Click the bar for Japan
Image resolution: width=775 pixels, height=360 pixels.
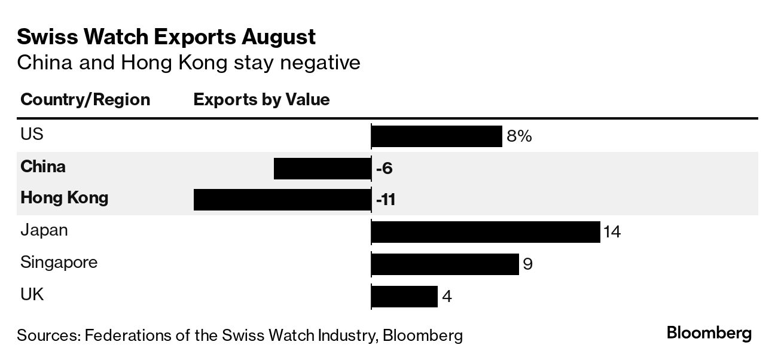(x=486, y=231)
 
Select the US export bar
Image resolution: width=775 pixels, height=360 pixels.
(x=437, y=136)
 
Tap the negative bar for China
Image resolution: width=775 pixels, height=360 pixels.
(x=322, y=169)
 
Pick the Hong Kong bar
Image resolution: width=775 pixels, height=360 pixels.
(x=282, y=200)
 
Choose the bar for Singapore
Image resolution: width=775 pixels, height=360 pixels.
(x=445, y=264)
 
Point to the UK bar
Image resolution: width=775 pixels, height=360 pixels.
(x=405, y=296)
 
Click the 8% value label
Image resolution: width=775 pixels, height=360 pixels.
(x=518, y=137)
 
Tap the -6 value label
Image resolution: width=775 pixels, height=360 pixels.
(x=384, y=169)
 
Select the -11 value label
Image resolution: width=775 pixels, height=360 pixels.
(x=386, y=200)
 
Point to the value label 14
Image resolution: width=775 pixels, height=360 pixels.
(x=612, y=232)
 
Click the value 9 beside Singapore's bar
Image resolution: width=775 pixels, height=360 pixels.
(x=527, y=264)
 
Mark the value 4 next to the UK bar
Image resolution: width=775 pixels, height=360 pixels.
(x=447, y=296)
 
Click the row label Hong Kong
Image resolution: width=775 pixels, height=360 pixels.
(x=64, y=197)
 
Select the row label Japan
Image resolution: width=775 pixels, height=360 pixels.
(x=44, y=230)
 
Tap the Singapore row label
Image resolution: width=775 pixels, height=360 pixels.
(x=59, y=263)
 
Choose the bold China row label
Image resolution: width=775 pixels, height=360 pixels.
(x=43, y=166)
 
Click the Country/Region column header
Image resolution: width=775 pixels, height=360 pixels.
(x=85, y=99)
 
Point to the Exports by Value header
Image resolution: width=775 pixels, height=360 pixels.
(x=261, y=99)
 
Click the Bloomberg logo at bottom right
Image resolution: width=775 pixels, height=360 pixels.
(x=709, y=334)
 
